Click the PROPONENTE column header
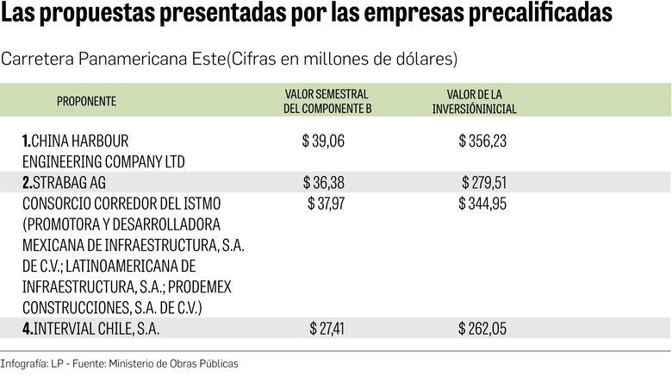click(86, 102)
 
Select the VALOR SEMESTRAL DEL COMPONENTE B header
click(327, 102)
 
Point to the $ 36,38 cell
click(323, 183)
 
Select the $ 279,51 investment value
click(484, 183)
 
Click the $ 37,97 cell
click(325, 204)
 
